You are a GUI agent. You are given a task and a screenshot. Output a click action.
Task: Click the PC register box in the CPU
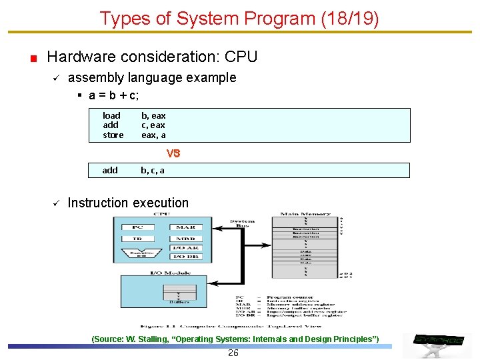(x=137, y=227)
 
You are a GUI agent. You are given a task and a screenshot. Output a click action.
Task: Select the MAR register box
(x=185, y=227)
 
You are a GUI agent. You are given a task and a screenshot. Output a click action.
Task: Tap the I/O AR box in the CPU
(x=185, y=248)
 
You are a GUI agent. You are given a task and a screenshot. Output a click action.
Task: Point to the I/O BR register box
(x=185, y=257)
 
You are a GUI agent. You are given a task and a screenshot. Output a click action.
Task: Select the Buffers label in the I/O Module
(x=179, y=302)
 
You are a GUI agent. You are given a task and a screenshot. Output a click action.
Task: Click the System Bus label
(x=242, y=223)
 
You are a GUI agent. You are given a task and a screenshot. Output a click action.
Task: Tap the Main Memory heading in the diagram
(x=305, y=215)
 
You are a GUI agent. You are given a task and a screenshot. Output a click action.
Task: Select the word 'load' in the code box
(x=111, y=115)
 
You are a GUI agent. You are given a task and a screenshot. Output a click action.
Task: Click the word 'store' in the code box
(x=113, y=135)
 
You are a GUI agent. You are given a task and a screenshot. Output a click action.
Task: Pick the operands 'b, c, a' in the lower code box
(x=152, y=170)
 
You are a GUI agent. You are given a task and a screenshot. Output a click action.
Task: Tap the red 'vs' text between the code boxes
(x=173, y=153)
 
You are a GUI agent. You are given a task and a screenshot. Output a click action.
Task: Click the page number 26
(x=233, y=353)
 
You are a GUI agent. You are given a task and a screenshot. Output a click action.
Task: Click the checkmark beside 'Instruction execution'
(x=57, y=203)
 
